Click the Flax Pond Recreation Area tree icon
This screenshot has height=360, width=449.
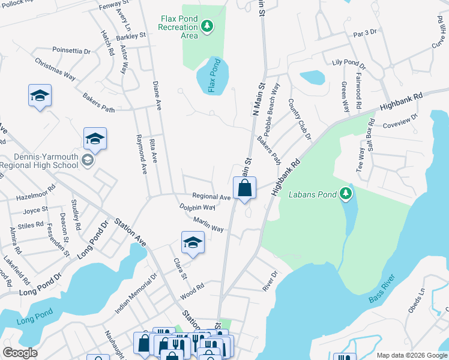(207, 26)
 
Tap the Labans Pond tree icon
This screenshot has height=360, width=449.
(345, 193)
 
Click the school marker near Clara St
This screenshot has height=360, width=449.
(193, 242)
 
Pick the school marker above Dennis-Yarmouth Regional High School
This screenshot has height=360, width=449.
(95, 139)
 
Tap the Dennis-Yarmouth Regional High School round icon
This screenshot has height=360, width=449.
(88, 160)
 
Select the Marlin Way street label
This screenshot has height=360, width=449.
(208, 225)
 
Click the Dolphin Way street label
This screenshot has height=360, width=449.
(197, 207)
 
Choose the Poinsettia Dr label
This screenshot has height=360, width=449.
(71, 51)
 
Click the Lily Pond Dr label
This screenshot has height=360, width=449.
(348, 62)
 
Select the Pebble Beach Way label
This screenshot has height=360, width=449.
(268, 105)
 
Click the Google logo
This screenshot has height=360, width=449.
(20, 353)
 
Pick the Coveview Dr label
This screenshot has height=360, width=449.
(400, 121)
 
